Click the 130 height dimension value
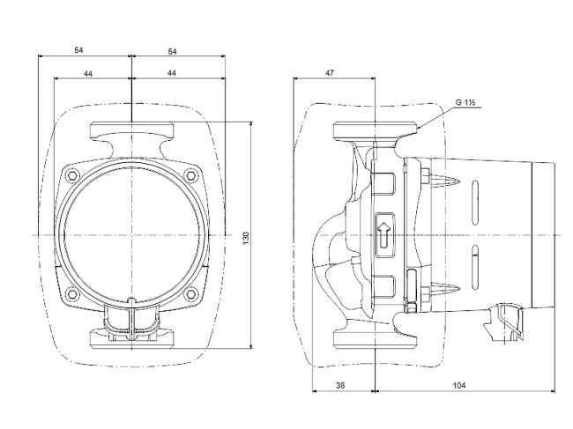(246, 238)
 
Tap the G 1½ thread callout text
(465, 103)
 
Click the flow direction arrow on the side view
(383, 235)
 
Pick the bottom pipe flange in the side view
(375, 338)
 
